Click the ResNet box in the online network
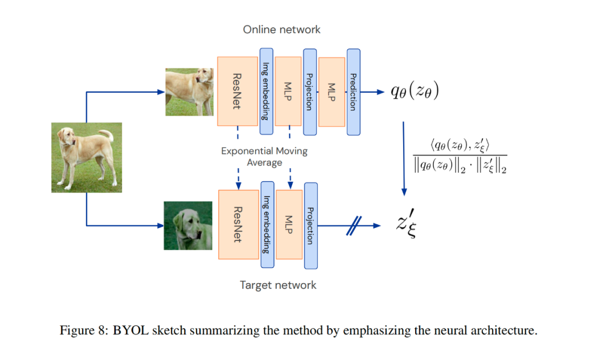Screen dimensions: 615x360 pos(237,91)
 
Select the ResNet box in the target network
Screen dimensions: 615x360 pos(238,224)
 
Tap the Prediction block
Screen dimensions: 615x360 pos(354,92)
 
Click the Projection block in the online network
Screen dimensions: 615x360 pos(310,92)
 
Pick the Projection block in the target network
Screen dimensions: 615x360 pos(311,226)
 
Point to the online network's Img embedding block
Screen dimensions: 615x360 pos(266,91)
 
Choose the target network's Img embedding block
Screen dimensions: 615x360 pos(268,224)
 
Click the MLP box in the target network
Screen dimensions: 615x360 pos(289,224)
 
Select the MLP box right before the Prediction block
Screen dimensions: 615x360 pos(332,92)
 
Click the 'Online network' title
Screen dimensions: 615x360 pos(282,30)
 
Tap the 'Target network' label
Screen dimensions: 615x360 pos(278,285)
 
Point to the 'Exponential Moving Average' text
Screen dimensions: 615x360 pos(264,157)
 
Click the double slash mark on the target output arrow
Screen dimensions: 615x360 pos(354,226)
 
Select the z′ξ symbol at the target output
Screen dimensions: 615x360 pos(407,223)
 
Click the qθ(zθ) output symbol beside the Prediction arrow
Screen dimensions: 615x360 pos(415,91)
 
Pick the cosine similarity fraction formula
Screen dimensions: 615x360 pos(460,156)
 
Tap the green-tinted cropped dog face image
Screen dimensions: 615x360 pos(188,226)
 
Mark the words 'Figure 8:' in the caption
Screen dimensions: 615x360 pos(84,330)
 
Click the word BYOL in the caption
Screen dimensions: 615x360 pos(130,330)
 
